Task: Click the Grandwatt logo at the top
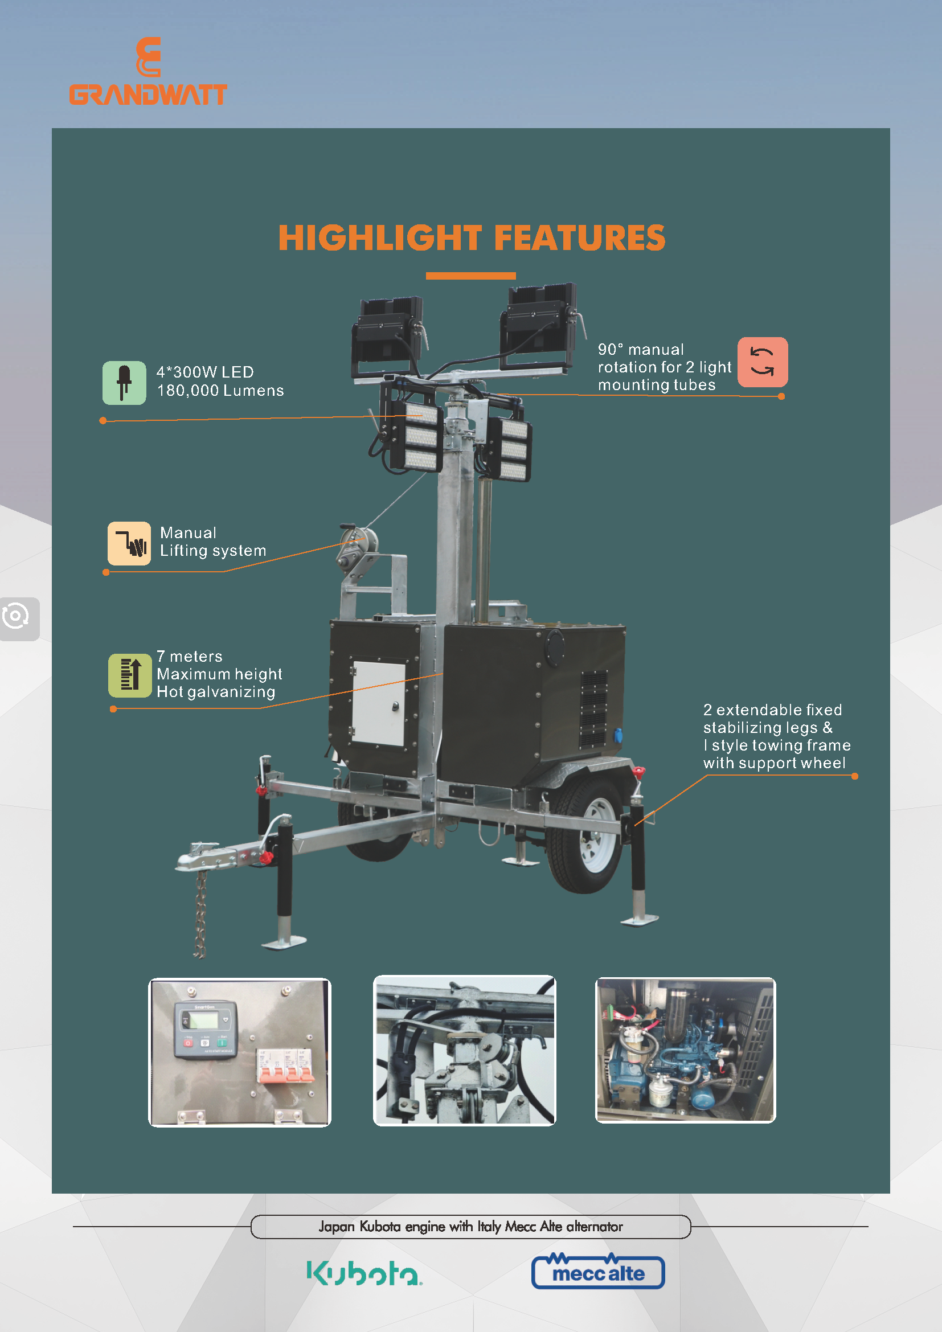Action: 148,71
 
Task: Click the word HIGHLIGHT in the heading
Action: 380,238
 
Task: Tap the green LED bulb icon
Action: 124,383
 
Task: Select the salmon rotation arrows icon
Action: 762,362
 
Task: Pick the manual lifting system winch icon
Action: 129,544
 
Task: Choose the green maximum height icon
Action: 130,675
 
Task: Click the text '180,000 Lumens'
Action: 220,391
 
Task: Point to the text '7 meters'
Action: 190,656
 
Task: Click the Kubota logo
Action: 364,1273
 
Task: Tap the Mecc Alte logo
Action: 598,1271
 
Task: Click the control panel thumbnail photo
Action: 240,1052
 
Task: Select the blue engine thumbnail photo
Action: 686,1050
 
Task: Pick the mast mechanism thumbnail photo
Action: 464,1050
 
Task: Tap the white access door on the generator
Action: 378,703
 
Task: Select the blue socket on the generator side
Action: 618,736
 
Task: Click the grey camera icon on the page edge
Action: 18,618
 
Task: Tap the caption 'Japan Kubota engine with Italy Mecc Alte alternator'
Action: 470,1227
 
